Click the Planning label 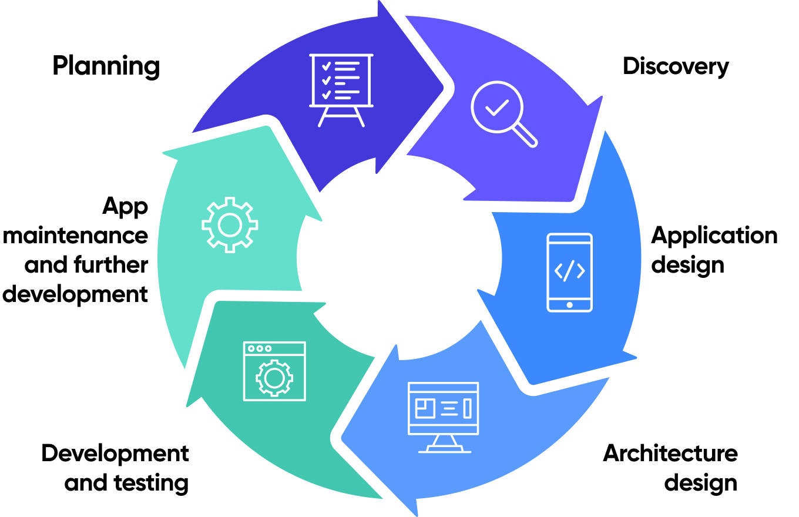[x=106, y=66]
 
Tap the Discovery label [x=676, y=66]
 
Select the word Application [x=714, y=236]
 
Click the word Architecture [x=670, y=453]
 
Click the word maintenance [x=76, y=236]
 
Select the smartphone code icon [x=569, y=272]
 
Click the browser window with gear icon [x=274, y=371]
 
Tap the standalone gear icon [x=230, y=224]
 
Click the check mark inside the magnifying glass [x=497, y=107]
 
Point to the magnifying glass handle [x=525, y=136]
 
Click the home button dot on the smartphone [x=569, y=305]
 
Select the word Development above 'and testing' [x=115, y=454]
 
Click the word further [x=110, y=266]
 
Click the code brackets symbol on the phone [x=569, y=270]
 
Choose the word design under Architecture [x=700, y=483]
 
